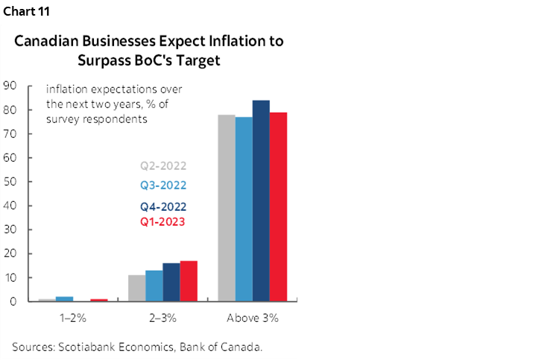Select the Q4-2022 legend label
coord(162,206)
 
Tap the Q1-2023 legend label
coord(162,221)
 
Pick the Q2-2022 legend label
coord(162,166)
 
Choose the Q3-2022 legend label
coord(162,185)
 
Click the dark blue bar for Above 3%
coord(261,201)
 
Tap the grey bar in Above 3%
coord(226,209)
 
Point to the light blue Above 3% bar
coord(244,209)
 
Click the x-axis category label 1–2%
coord(73,318)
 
